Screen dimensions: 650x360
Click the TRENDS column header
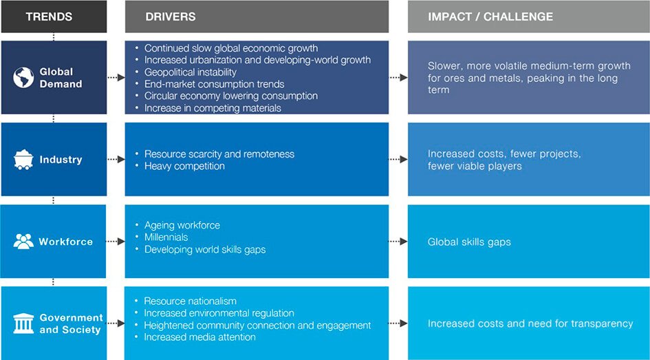tap(49, 17)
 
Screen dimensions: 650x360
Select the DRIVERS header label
tap(171, 17)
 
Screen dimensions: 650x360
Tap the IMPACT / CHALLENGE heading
tap(490, 17)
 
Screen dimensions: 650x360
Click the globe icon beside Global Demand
tap(23, 78)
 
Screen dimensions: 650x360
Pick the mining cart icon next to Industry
tap(23, 160)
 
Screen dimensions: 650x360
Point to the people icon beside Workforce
tap(23, 242)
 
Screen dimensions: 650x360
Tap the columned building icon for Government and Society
tap(23, 324)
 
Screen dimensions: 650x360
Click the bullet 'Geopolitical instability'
tap(191, 72)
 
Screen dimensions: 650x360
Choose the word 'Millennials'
tap(166, 237)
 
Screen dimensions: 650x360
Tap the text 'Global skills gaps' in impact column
tap(469, 242)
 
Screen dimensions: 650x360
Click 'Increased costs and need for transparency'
tap(530, 324)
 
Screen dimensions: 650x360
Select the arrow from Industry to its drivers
tap(116, 159)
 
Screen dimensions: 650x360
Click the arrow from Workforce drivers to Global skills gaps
tap(398, 242)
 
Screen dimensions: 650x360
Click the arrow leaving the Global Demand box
tap(116, 78)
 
